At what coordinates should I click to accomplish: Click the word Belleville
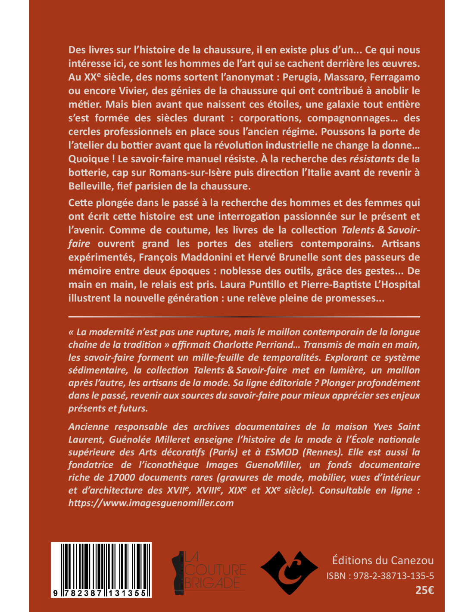pos(89,186)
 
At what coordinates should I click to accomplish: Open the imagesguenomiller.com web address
pos(151,503)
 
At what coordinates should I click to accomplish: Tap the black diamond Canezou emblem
pos(289,572)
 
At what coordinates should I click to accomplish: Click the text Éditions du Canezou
pos(383,560)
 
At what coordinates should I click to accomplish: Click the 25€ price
pos(424,590)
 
